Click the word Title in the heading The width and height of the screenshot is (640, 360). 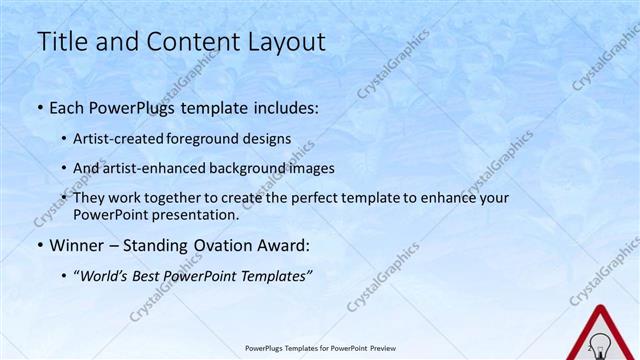tap(60, 43)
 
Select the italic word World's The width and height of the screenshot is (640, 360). tap(103, 275)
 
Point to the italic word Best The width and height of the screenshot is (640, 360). tap(151, 275)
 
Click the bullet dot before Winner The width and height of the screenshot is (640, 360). tap(39, 246)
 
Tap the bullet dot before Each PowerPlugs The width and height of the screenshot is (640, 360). tap(39, 108)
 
